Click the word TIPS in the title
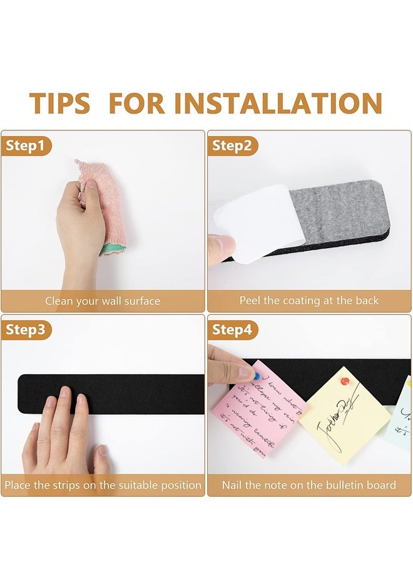pos(59,103)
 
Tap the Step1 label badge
pos(26,146)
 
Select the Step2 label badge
pos(232,146)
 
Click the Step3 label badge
pos(26,330)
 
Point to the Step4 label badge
pos(232,330)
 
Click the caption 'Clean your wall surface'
pos(103,301)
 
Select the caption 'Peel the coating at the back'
pos(309,301)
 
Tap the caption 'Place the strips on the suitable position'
pos(103,485)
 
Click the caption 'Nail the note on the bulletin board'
pos(309,485)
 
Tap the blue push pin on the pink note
pos(256,376)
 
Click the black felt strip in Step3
pos(138,394)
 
